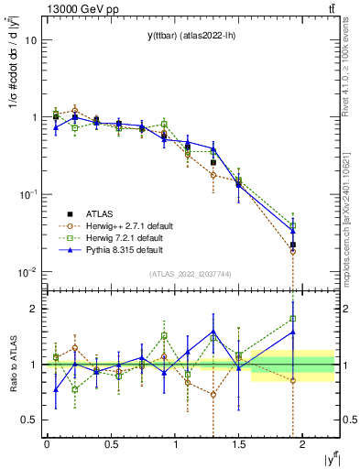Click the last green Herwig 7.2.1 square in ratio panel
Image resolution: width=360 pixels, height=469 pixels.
click(293, 319)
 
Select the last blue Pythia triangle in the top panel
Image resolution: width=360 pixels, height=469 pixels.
click(293, 231)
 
